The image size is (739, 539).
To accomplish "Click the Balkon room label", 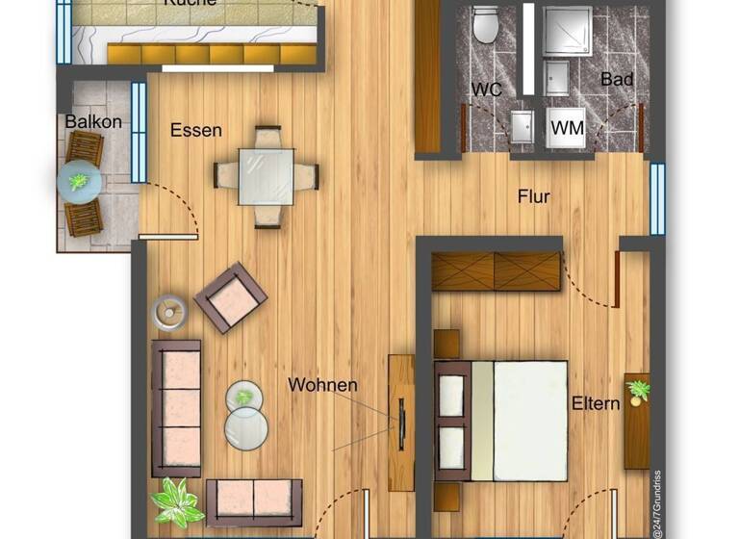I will [x=93, y=122].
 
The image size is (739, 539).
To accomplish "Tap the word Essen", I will [x=196, y=130].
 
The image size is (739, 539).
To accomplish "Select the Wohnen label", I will [x=322, y=385].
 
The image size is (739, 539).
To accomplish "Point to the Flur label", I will [x=533, y=196].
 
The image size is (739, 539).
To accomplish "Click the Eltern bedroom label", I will [x=595, y=403].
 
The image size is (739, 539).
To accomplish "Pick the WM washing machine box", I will [x=568, y=126].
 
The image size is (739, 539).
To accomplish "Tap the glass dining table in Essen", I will [x=267, y=175].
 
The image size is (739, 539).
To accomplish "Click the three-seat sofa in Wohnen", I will [x=176, y=407].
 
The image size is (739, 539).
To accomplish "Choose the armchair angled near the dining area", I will [x=231, y=297].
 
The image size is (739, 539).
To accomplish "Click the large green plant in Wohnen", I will [x=176, y=501].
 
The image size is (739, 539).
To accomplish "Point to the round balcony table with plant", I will [x=80, y=181].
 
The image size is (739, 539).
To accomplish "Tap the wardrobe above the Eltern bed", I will [x=496, y=270].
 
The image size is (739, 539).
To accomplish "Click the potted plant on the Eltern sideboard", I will [x=637, y=390].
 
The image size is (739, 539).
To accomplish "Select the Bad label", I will [x=616, y=80].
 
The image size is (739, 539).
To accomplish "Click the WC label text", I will [x=487, y=90].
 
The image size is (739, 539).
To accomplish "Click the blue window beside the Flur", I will [x=657, y=198].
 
